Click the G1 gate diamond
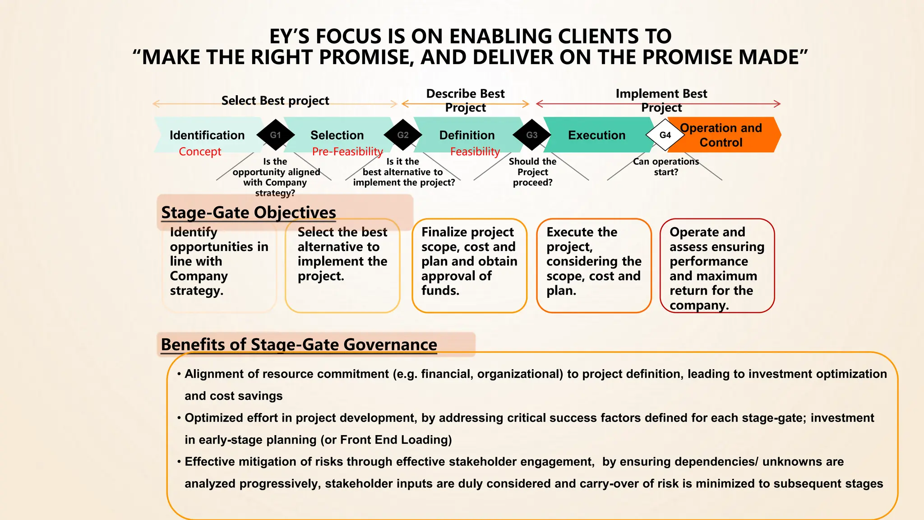pyautogui.click(x=275, y=135)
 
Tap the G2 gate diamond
pyautogui.click(x=402, y=135)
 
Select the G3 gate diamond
pyautogui.click(x=531, y=135)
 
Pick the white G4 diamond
pyautogui.click(x=665, y=135)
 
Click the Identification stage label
pyautogui.click(x=207, y=135)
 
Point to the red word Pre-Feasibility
pyautogui.click(x=347, y=152)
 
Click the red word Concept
pyautogui.click(x=200, y=152)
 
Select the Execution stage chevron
pyautogui.click(x=596, y=135)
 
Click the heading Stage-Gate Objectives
pyautogui.click(x=249, y=212)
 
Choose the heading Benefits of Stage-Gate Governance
pyautogui.click(x=299, y=344)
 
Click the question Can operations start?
pyautogui.click(x=666, y=167)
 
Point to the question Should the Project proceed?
pyautogui.click(x=532, y=172)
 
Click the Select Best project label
pyautogui.click(x=275, y=100)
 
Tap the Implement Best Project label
pyautogui.click(x=661, y=100)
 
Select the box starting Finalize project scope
pyautogui.click(x=469, y=265)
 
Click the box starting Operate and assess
pyautogui.click(x=717, y=265)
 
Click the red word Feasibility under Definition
pyautogui.click(x=475, y=152)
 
